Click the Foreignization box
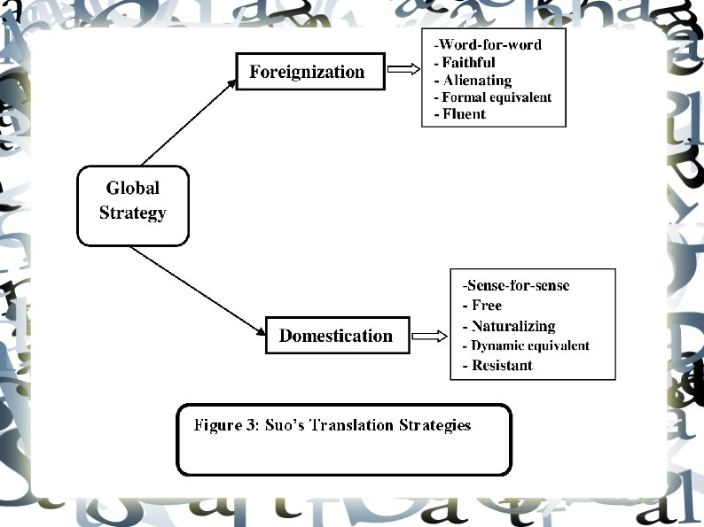tap(309, 72)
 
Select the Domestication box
tap(335, 336)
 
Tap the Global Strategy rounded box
tap(133, 201)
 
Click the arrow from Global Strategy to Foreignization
tap(185, 123)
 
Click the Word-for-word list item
tap(487, 44)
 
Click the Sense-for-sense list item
tap(516, 285)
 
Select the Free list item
tap(482, 305)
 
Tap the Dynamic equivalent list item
tap(526, 345)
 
